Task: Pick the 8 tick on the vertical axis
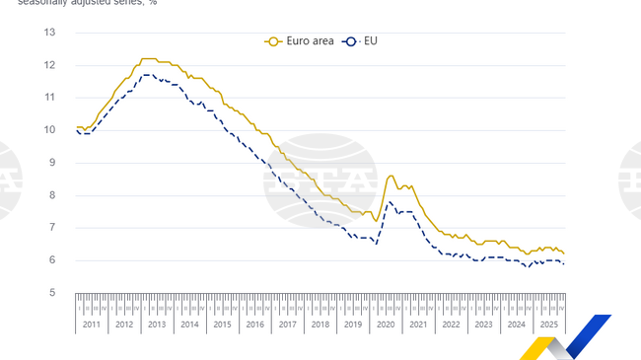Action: (51, 195)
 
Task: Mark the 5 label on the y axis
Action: (51, 293)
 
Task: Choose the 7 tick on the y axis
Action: (51, 228)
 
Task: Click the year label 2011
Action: (91, 324)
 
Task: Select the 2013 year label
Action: (156, 324)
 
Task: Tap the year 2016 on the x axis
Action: (253, 324)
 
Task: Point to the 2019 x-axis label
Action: (351, 324)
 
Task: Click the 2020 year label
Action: (384, 324)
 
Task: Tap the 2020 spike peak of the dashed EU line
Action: (390, 202)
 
